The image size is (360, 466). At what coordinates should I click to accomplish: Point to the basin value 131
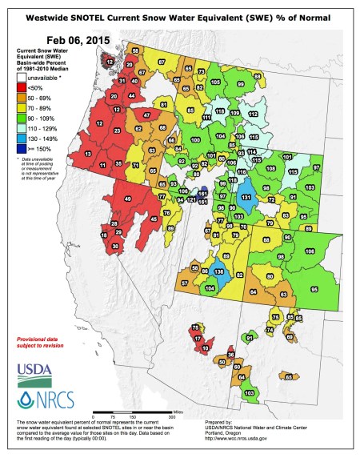coord(247,197)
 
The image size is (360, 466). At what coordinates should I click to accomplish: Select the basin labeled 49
coord(128,199)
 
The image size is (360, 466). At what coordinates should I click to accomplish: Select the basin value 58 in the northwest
coord(136,50)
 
